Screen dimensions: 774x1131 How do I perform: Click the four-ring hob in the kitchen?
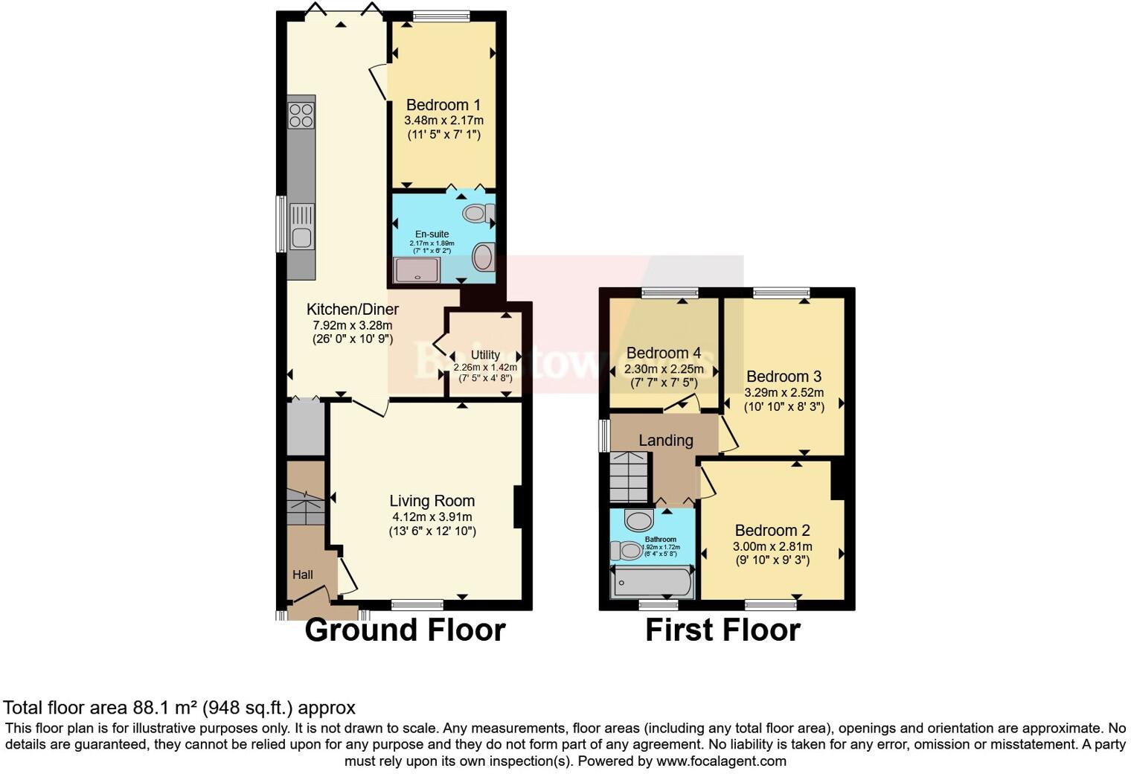301,115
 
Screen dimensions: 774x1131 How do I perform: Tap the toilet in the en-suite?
478,214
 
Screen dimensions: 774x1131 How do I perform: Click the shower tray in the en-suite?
416,270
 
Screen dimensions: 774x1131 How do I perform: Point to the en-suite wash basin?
484,258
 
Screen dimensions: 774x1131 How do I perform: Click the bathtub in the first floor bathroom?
652,583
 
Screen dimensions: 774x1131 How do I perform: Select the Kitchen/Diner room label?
353,309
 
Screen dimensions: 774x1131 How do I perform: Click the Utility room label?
485,354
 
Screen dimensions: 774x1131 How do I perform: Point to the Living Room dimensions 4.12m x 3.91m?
432,516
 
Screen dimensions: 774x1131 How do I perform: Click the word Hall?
303,575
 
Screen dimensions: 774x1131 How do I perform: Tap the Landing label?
665,440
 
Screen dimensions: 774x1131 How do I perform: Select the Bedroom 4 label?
664,353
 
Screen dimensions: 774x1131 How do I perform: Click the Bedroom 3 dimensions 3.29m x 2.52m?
784,392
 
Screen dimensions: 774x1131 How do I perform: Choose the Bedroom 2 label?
772,530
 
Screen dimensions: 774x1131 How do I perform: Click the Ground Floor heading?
405,630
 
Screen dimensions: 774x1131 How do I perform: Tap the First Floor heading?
723,630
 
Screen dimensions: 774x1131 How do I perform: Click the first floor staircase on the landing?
629,476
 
